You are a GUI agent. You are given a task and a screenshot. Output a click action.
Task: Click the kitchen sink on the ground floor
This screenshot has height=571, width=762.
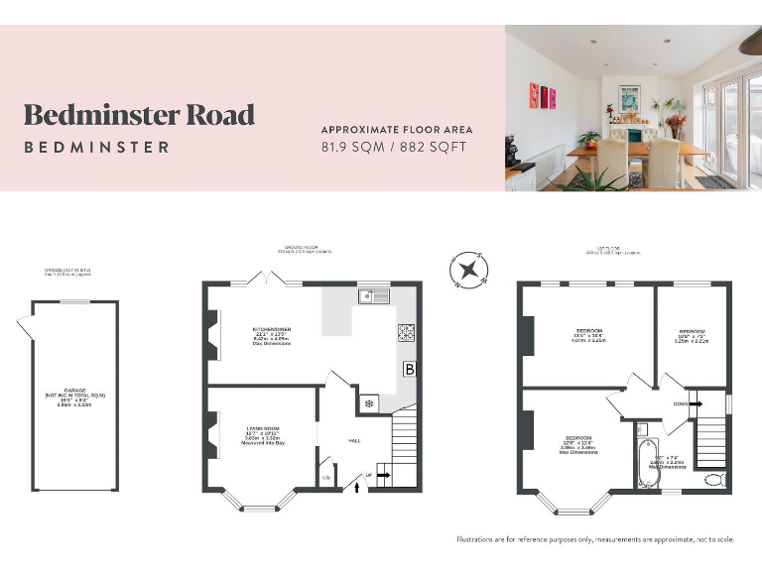[374, 294]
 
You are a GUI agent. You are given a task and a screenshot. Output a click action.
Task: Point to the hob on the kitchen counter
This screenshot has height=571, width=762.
[407, 333]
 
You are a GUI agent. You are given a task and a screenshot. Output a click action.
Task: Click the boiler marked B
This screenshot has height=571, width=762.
[409, 369]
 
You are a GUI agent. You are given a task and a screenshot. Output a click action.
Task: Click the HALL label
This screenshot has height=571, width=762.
[354, 440]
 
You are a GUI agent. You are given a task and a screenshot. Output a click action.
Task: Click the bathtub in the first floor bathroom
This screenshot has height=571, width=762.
[647, 463]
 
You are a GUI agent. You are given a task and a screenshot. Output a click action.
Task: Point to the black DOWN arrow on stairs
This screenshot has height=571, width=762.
[696, 403]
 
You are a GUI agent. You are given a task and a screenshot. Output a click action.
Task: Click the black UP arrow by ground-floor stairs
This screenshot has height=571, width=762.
[383, 477]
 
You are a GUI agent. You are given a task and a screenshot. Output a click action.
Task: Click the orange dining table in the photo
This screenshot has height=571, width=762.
[645, 150]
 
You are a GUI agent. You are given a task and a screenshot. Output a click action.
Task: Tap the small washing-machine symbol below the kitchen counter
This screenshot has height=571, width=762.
[369, 402]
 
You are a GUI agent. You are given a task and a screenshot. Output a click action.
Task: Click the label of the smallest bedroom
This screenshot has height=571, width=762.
[692, 337]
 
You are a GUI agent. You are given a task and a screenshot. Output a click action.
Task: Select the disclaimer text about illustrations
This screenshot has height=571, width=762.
[595, 539]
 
